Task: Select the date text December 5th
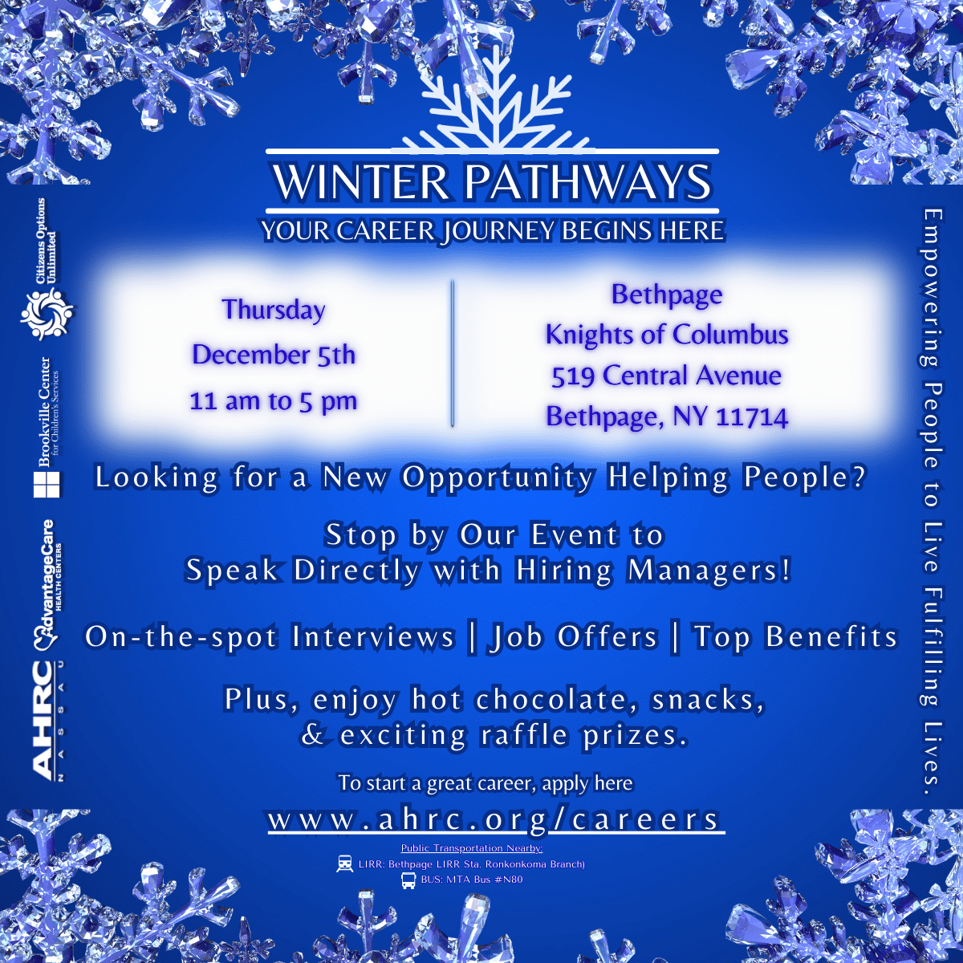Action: tap(274, 355)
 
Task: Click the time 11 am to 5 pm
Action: tap(274, 401)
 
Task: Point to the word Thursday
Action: tap(274, 309)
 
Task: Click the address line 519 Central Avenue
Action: tap(666, 376)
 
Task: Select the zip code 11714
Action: tap(752, 416)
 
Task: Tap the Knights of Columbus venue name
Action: tap(667, 335)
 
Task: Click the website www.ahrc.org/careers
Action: tap(494, 819)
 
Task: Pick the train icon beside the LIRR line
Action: tap(344, 863)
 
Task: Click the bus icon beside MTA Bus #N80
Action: tap(408, 880)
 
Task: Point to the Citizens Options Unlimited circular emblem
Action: tap(47, 315)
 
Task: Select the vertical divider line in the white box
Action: tap(453, 353)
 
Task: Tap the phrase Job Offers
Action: tap(573, 636)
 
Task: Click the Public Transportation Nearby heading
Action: tap(472, 848)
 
